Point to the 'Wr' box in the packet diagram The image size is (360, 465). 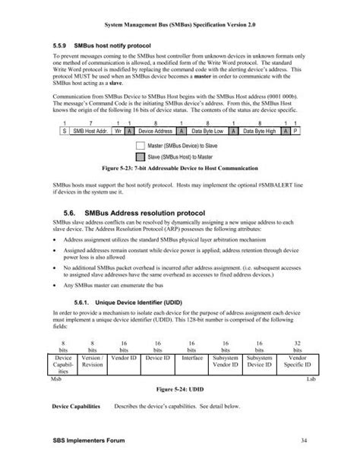click(x=116, y=131)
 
